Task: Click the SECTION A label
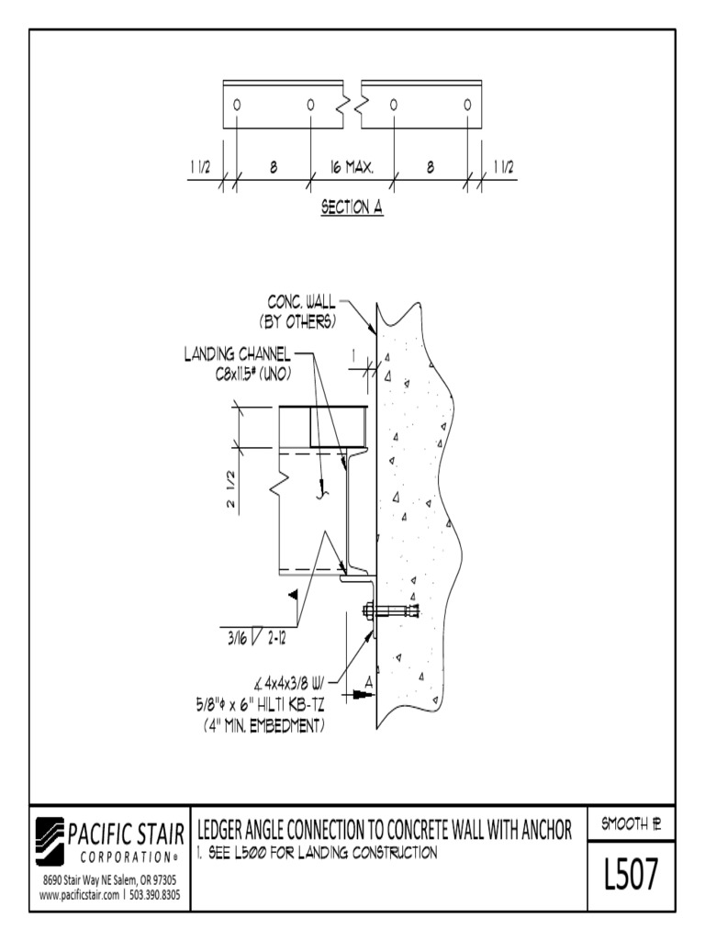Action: pyautogui.click(x=351, y=207)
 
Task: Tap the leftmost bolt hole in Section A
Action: pyautogui.click(x=237, y=104)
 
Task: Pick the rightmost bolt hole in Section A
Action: pyautogui.click(x=467, y=104)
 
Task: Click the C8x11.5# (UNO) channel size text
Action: pyautogui.click(x=254, y=374)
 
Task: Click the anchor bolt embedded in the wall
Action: pyautogui.click(x=390, y=610)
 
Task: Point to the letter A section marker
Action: pyautogui.click(x=368, y=681)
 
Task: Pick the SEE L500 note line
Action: pyautogui.click(x=316, y=854)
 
